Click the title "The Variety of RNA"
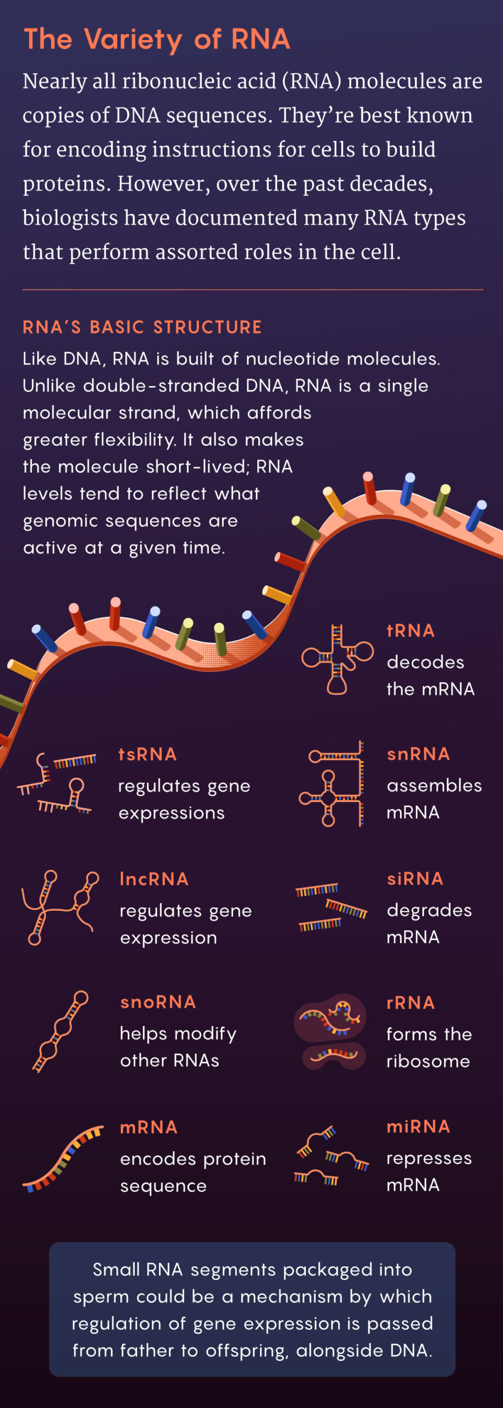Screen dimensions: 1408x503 click(x=157, y=40)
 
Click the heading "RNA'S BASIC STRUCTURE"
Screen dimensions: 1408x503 click(x=142, y=327)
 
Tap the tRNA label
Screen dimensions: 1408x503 click(x=411, y=630)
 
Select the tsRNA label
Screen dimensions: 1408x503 click(x=147, y=754)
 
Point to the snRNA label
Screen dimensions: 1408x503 click(x=418, y=754)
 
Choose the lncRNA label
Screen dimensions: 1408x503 click(x=154, y=879)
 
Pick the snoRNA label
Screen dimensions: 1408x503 click(x=158, y=1002)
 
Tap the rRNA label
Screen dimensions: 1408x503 click(x=411, y=1003)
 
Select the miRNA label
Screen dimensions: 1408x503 click(x=418, y=1126)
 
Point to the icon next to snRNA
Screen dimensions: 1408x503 click(x=331, y=783)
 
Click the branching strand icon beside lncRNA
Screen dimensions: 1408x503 click(x=59, y=908)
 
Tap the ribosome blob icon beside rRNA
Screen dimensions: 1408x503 click(x=330, y=1031)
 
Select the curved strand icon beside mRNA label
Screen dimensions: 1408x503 click(x=62, y=1158)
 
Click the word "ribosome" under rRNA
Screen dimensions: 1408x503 click(x=428, y=1061)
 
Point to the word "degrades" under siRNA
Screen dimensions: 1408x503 click(x=429, y=910)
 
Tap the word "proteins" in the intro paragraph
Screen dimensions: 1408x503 click(x=65, y=184)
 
